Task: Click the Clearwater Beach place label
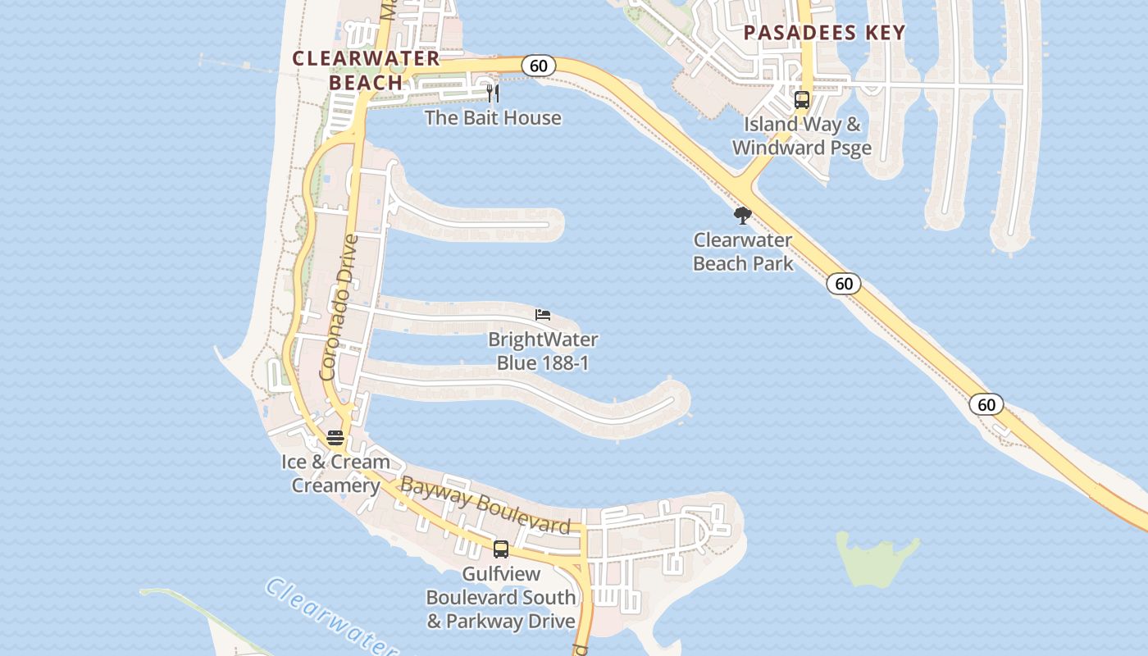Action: (366, 71)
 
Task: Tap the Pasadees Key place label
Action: (824, 33)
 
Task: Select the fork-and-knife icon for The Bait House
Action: (493, 93)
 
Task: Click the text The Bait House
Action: (493, 118)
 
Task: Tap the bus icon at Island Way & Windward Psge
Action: (802, 100)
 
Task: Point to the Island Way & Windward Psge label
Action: (801, 136)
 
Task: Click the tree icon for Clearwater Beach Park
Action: (743, 216)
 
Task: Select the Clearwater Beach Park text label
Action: (743, 252)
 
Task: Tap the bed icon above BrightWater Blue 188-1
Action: (542, 315)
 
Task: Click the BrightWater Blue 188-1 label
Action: (543, 351)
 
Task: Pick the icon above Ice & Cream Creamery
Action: (335, 438)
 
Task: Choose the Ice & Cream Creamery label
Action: (335, 473)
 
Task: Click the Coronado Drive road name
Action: (339, 307)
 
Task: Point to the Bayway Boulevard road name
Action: (485, 507)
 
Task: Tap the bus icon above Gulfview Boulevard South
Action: (500, 549)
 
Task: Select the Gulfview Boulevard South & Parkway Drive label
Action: (500, 597)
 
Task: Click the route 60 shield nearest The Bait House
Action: (538, 66)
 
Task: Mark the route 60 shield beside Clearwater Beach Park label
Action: (843, 284)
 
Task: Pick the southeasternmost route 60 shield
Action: (986, 404)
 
